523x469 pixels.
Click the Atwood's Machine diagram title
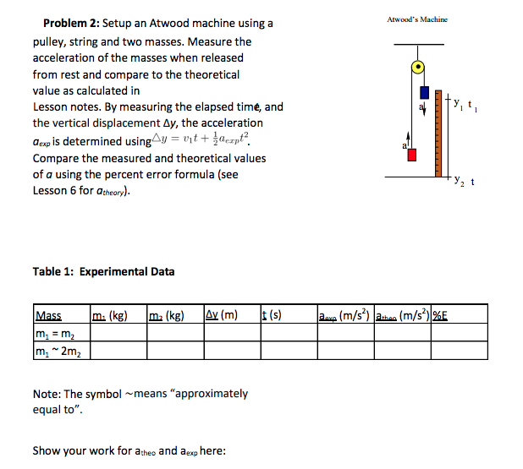[417, 19]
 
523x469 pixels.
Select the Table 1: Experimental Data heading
[103, 271]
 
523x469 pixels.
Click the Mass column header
[48, 316]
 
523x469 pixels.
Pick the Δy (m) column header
[222, 316]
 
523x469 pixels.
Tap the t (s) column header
[272, 316]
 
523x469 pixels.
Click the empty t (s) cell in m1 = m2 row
[287, 332]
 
